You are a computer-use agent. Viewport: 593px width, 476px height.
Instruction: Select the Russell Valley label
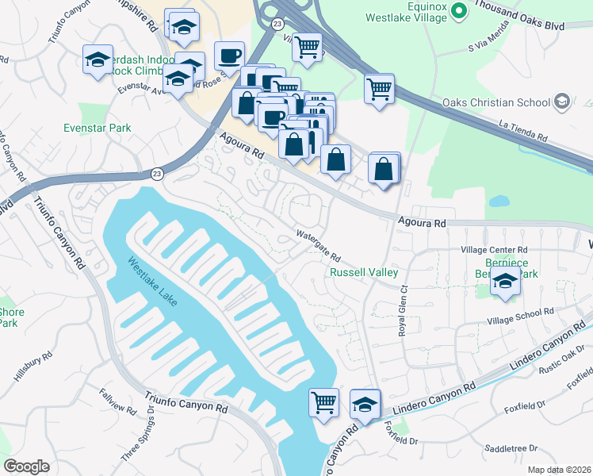pos(364,272)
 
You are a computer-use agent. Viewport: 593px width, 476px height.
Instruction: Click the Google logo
pos(26,466)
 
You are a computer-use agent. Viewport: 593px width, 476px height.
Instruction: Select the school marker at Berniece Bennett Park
pos(504,281)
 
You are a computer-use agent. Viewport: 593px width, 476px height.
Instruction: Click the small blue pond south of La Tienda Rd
pos(499,202)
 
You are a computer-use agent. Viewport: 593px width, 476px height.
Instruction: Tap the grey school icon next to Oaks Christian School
pos(562,101)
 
